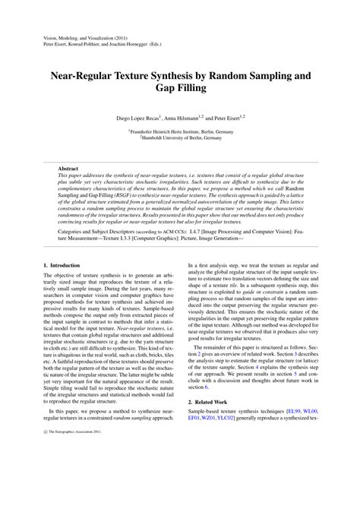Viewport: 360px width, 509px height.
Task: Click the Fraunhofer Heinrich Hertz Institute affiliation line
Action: tap(180, 131)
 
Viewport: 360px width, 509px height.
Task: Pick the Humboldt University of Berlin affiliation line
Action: tap(180, 138)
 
